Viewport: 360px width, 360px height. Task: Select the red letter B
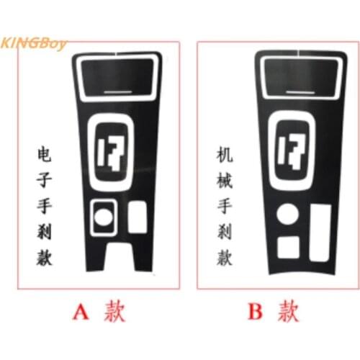click(x=256, y=311)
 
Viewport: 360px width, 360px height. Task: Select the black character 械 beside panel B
click(x=224, y=180)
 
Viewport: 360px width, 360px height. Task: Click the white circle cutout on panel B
click(x=287, y=215)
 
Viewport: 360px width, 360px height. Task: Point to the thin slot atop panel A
click(x=119, y=91)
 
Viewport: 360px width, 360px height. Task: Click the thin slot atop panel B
click(x=298, y=91)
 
